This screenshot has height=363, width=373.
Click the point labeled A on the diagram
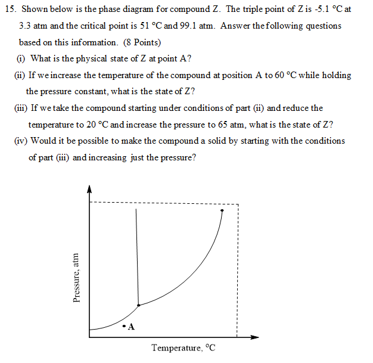click(123, 325)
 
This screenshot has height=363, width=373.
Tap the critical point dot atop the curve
click(222, 210)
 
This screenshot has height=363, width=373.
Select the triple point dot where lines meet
click(138, 305)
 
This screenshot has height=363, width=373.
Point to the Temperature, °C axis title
click(183, 348)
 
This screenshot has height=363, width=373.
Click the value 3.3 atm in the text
click(33, 26)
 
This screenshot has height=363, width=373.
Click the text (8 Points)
click(141, 43)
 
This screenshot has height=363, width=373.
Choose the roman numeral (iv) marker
click(21, 141)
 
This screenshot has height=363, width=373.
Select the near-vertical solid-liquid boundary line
click(137, 256)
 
